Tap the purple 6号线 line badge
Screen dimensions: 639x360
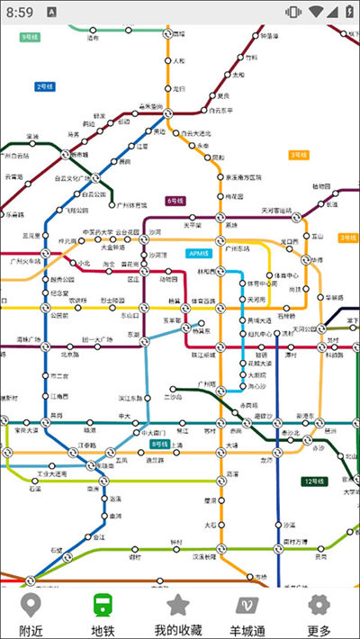coord(175,201)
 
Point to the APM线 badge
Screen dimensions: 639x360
coord(197,253)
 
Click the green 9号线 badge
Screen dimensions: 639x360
coord(30,37)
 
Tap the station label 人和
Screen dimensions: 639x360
coord(178,61)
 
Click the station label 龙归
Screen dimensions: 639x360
coord(178,88)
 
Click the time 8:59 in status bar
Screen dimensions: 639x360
coord(20,12)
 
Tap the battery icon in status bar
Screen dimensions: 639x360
coord(346,12)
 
